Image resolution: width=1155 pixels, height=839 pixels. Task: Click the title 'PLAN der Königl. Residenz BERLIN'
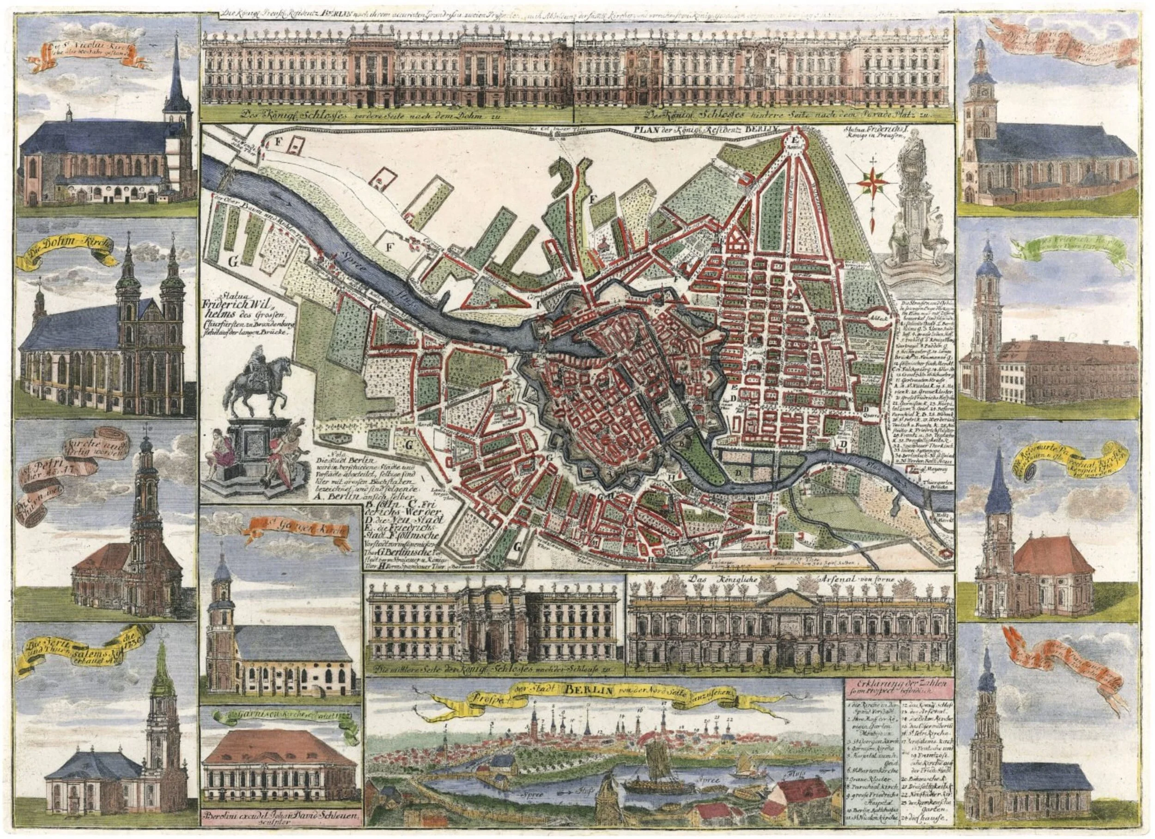coord(704,129)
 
